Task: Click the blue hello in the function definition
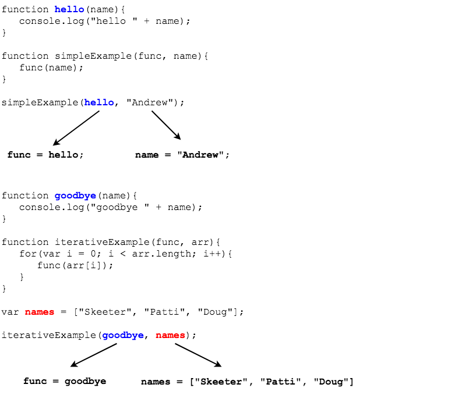click(x=69, y=9)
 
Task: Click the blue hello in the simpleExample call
click(x=99, y=102)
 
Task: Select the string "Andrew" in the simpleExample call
click(x=149, y=102)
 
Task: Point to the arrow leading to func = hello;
click(x=76, y=127)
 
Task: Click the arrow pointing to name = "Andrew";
click(x=166, y=125)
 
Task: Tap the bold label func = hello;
click(x=45, y=155)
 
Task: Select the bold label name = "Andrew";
click(x=182, y=155)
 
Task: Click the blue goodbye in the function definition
click(x=75, y=195)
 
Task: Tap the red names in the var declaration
click(x=40, y=312)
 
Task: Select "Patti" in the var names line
click(x=167, y=312)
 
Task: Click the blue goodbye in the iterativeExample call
click(x=123, y=335)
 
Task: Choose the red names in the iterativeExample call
click(x=170, y=335)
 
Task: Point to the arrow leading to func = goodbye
click(x=94, y=355)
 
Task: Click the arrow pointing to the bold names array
click(x=198, y=355)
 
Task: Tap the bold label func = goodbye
click(x=65, y=382)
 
